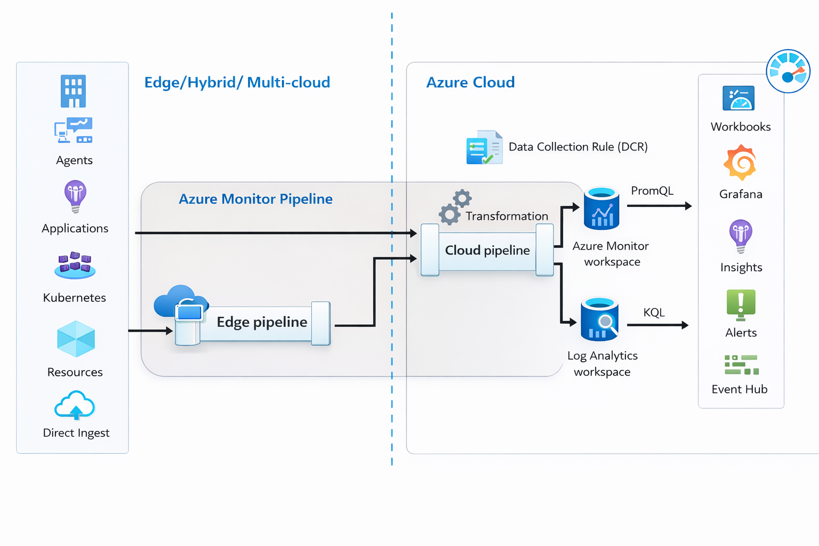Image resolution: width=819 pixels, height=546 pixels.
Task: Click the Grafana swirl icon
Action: (740, 163)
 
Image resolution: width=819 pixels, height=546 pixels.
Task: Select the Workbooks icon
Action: (738, 98)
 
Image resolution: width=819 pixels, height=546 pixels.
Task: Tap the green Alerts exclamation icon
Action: (741, 304)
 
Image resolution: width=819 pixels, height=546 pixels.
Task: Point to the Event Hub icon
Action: (741, 365)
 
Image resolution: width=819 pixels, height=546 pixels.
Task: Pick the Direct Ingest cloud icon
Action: (75, 406)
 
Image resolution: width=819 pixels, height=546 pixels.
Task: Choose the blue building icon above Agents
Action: (73, 91)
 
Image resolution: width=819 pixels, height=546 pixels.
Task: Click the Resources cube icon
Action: (76, 339)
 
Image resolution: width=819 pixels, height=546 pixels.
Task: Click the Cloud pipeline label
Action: (487, 250)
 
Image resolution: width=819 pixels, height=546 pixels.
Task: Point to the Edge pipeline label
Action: (262, 322)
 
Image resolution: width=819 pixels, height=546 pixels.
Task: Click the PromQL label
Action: (652, 191)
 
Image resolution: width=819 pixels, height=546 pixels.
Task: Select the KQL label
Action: (654, 312)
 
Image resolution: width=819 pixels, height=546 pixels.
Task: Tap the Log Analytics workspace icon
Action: (600, 319)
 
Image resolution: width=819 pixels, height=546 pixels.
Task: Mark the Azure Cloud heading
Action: (470, 82)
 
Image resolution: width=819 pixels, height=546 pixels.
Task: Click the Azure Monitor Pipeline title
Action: (255, 199)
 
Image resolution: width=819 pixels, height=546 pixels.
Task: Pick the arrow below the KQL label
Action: (658, 325)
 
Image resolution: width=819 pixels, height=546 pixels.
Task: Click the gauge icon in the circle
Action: (788, 71)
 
